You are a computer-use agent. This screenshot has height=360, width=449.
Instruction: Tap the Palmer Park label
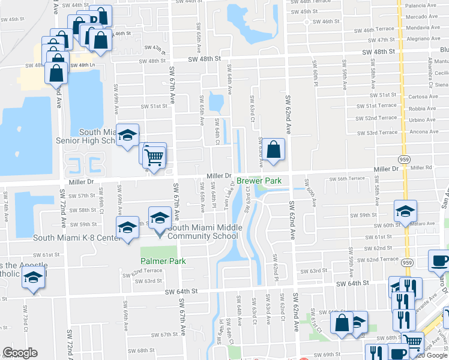click(x=163, y=261)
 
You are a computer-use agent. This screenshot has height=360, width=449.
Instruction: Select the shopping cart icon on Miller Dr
click(x=155, y=157)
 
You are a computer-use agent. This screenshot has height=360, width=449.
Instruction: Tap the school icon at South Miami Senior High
click(x=127, y=136)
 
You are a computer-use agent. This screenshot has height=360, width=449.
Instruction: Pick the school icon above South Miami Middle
click(x=160, y=219)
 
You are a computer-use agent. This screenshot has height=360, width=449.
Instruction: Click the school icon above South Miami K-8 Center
click(x=127, y=228)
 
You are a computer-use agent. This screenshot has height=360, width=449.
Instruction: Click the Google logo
click(x=20, y=353)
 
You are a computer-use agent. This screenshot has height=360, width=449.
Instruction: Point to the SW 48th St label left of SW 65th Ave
click(x=152, y=61)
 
